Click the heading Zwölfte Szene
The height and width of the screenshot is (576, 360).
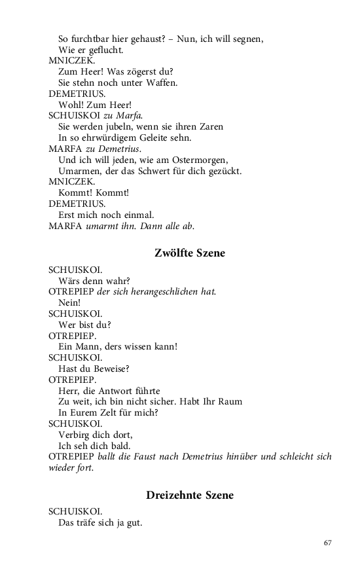coord(189,253)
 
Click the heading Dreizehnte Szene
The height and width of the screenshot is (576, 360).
coord(189,495)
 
